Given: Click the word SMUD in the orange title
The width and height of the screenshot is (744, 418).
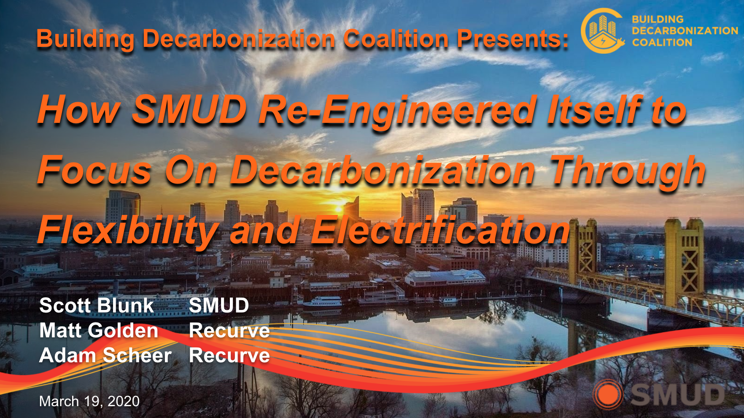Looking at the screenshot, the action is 189,110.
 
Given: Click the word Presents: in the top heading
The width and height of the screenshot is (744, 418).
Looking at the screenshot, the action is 513,39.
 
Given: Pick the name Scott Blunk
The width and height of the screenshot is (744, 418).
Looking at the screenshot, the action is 97,305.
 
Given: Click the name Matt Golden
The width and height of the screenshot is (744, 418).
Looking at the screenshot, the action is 99,330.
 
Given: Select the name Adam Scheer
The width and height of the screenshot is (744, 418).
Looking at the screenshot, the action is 105,355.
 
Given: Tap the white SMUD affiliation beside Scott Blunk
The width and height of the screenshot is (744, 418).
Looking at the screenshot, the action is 219,305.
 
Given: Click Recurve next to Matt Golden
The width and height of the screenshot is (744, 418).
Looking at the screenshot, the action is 229,330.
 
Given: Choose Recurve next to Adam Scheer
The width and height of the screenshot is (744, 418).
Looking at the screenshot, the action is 229,356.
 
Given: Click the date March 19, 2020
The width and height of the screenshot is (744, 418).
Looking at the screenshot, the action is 89,401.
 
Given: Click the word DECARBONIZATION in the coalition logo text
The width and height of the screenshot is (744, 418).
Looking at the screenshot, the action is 685,31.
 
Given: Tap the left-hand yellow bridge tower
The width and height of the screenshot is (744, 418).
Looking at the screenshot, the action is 583,249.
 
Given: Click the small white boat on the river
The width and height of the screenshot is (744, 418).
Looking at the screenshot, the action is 323,301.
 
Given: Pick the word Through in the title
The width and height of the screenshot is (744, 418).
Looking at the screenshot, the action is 628,171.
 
